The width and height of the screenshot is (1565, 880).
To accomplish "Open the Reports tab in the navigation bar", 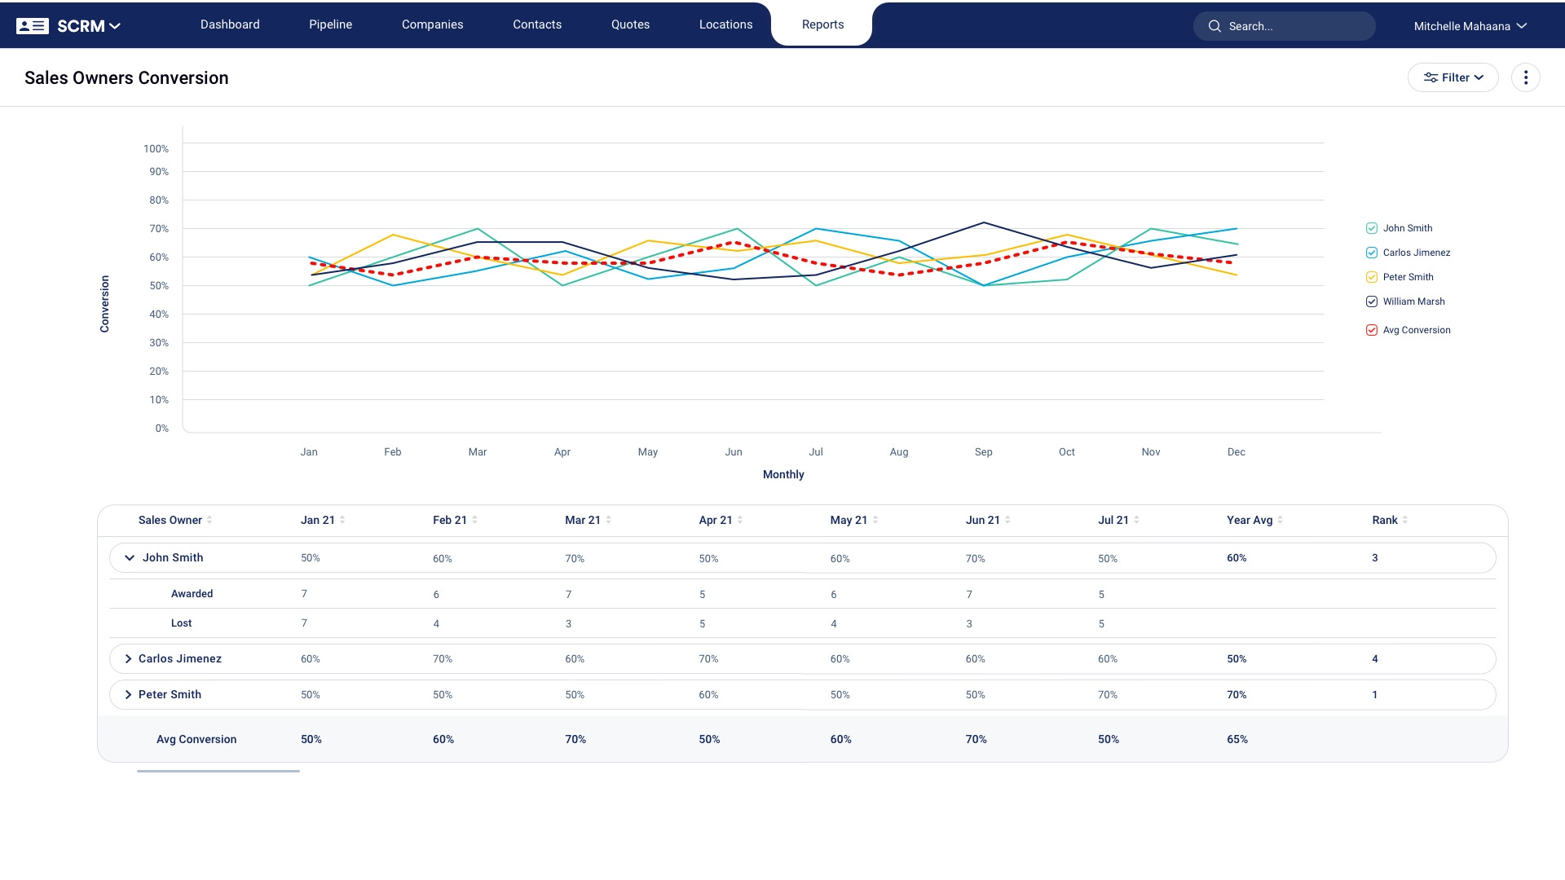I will pyautogui.click(x=822, y=24).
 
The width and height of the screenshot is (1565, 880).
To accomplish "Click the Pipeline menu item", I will pyautogui.click(x=330, y=24).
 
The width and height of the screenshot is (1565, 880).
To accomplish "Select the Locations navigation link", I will pyautogui.click(x=725, y=24).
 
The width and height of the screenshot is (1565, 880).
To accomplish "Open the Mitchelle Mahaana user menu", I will pyautogui.click(x=1470, y=26).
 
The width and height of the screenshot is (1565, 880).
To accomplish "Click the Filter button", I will pyautogui.click(x=1453, y=77).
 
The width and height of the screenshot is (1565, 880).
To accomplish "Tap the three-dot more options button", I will pyautogui.click(x=1525, y=77).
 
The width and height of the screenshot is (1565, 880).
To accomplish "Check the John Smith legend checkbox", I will pyautogui.click(x=1372, y=228).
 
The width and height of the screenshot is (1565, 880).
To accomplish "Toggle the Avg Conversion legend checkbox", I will pyautogui.click(x=1372, y=330).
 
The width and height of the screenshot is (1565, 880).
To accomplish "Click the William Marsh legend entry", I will pyautogui.click(x=1413, y=301).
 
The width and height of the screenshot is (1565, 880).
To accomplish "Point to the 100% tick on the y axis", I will pyautogui.click(x=156, y=149).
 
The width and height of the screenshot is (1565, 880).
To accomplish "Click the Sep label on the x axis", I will pyautogui.click(x=983, y=452).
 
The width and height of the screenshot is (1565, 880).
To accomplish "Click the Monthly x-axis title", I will pyautogui.click(x=783, y=474).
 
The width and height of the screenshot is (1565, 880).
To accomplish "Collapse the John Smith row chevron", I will pyautogui.click(x=129, y=558).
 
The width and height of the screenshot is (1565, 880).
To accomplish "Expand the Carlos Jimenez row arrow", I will pyautogui.click(x=128, y=659).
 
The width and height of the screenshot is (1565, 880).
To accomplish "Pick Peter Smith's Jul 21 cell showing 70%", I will pyautogui.click(x=1107, y=695).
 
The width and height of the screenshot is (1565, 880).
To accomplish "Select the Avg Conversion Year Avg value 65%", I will pyautogui.click(x=1237, y=739).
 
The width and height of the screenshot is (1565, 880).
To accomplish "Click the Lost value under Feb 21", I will pyautogui.click(x=436, y=624).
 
